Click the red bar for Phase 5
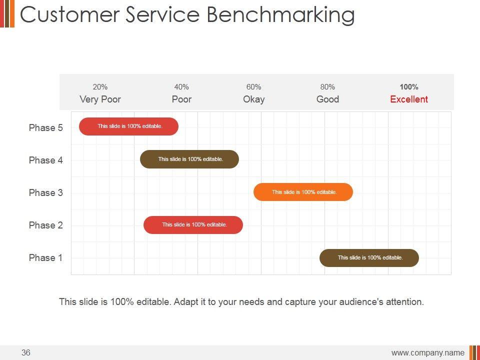pyautogui.click(x=128, y=126)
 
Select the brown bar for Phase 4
pyautogui.click(x=189, y=159)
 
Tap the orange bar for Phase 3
pyautogui.click(x=303, y=192)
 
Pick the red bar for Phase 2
pyautogui.click(x=193, y=225)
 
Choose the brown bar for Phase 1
pyautogui.click(x=369, y=258)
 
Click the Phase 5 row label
pyautogui.click(x=46, y=127)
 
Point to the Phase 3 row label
pyautogui.click(x=46, y=192)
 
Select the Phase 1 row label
pyautogui.click(x=45, y=258)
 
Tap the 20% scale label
pyautogui.click(x=100, y=87)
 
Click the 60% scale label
pyautogui.click(x=254, y=87)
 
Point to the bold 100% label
pyautogui.click(x=409, y=87)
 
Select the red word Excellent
pyautogui.click(x=409, y=99)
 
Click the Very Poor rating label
pyautogui.click(x=100, y=99)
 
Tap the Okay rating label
pyautogui.click(x=254, y=99)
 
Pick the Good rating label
pyautogui.click(x=327, y=99)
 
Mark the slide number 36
pyautogui.click(x=26, y=352)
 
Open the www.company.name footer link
pyautogui.click(x=427, y=353)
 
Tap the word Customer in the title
pyautogui.click(x=70, y=14)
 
